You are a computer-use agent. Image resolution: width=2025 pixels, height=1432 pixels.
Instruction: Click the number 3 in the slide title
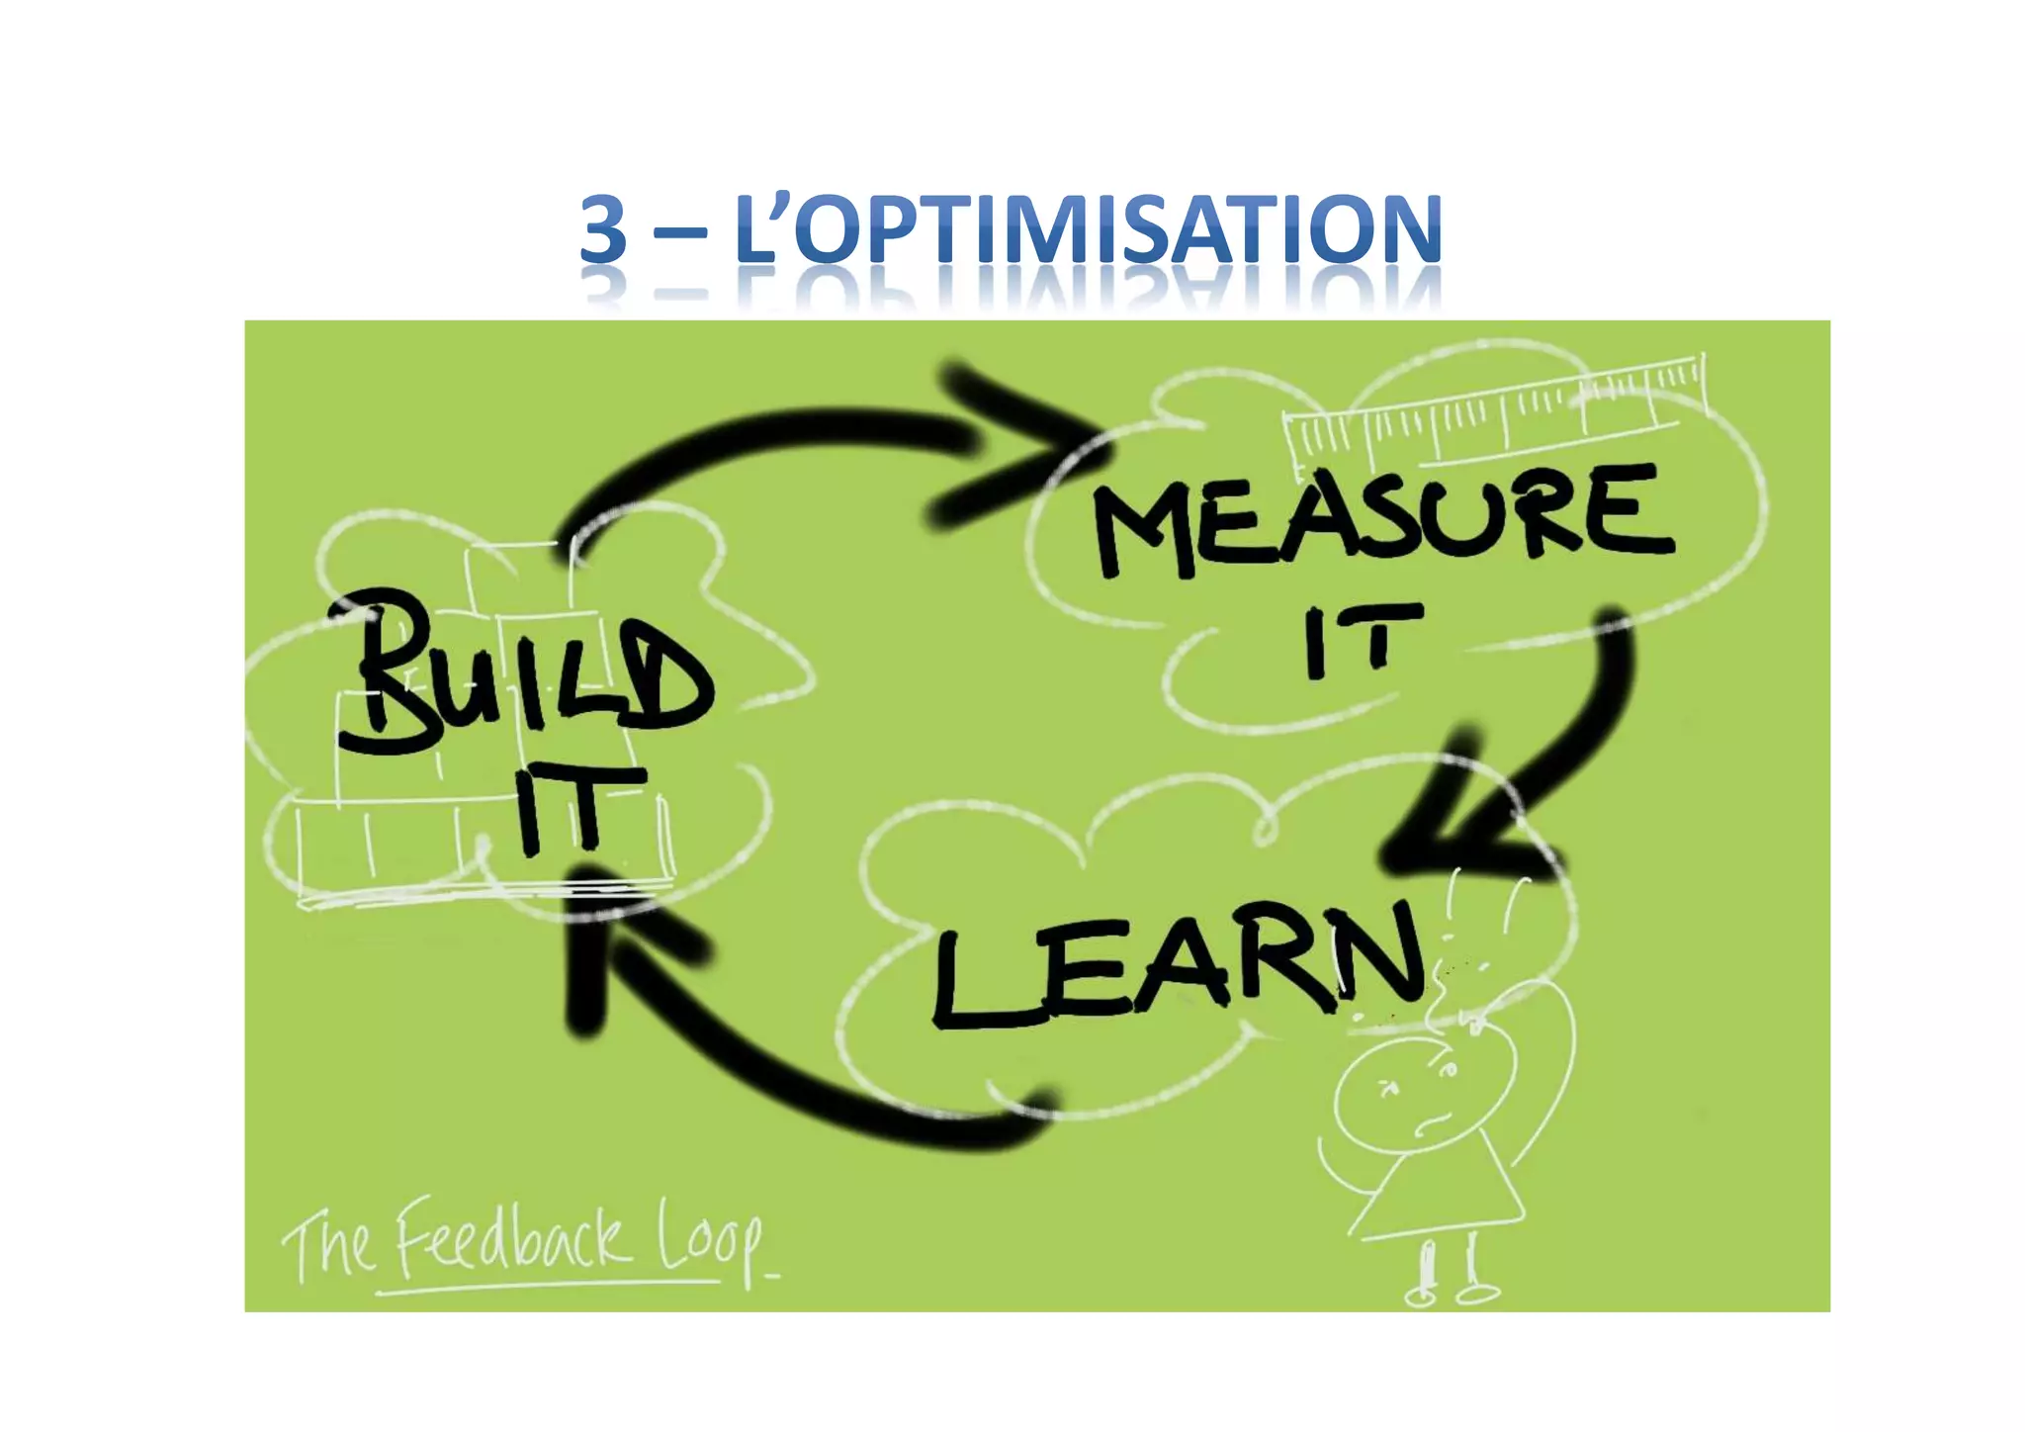tap(603, 229)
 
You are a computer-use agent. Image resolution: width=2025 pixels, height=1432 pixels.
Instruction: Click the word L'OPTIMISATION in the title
tap(1088, 229)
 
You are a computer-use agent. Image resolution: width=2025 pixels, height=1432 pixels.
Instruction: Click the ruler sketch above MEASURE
tap(1493, 410)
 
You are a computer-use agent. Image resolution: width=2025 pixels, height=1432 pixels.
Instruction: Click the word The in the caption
tap(326, 1248)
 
